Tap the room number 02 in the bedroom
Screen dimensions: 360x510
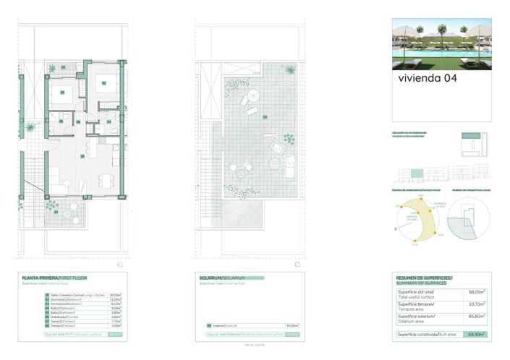(x=103, y=83)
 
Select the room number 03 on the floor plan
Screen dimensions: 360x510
(x=61, y=92)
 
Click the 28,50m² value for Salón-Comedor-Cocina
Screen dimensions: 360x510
(x=114, y=295)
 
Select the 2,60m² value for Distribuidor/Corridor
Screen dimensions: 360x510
(x=114, y=316)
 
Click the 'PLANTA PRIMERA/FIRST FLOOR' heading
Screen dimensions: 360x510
(x=51, y=278)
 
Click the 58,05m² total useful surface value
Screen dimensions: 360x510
(x=475, y=293)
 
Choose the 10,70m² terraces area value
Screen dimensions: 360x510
(x=475, y=304)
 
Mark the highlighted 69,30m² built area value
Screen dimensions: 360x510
(x=475, y=335)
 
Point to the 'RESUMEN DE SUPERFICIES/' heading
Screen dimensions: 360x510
(x=424, y=278)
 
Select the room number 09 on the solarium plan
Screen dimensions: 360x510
(x=265, y=116)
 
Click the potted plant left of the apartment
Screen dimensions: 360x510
(x=30, y=127)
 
